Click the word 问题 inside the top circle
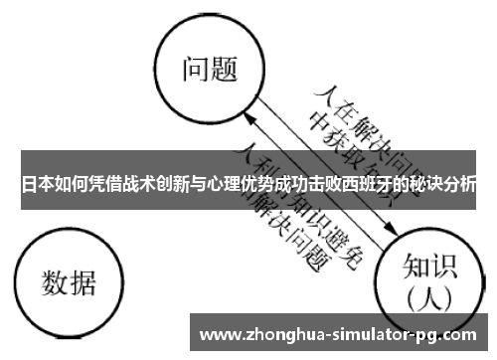pos(210,69)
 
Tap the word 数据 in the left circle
pos(69,283)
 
